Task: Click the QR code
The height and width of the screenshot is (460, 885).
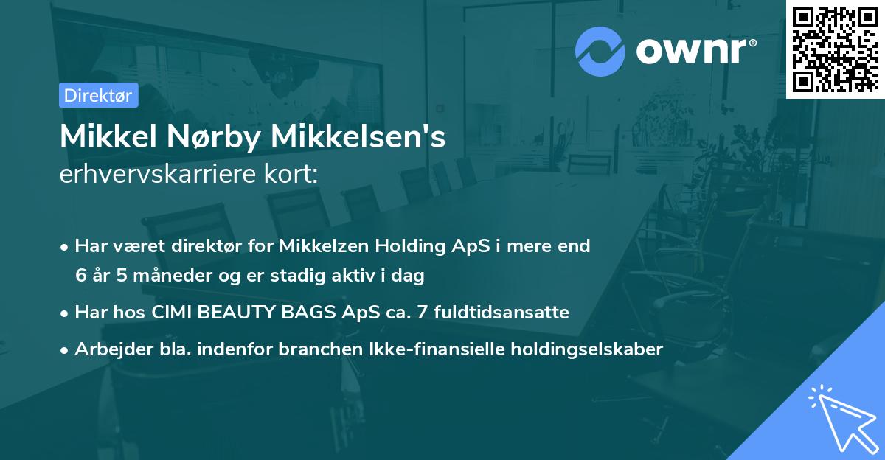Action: pyautogui.click(x=835, y=49)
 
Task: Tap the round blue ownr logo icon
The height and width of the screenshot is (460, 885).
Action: pyautogui.click(x=600, y=51)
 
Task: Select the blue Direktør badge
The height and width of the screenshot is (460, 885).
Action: pyautogui.click(x=98, y=95)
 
